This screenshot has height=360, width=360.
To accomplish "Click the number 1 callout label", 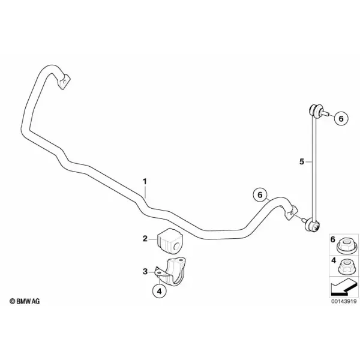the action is pyautogui.click(x=145, y=182).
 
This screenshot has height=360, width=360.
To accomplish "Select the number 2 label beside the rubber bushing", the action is pyautogui.click(x=145, y=239).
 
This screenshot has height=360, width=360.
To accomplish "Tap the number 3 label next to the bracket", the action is pyautogui.click(x=145, y=272).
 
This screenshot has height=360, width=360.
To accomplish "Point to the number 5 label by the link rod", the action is pyautogui.click(x=302, y=161).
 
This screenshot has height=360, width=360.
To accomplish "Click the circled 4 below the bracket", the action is pyautogui.click(x=160, y=291).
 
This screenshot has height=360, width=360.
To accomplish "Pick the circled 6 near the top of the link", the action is pyautogui.click(x=341, y=119).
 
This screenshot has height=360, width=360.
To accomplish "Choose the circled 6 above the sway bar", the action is pyautogui.click(x=260, y=194).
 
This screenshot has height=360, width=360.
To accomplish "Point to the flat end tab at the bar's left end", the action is pyautogui.click(x=64, y=81).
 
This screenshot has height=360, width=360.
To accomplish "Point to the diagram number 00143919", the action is pyautogui.click(x=344, y=308).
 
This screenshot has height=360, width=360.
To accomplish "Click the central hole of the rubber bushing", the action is pyautogui.click(x=176, y=247).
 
